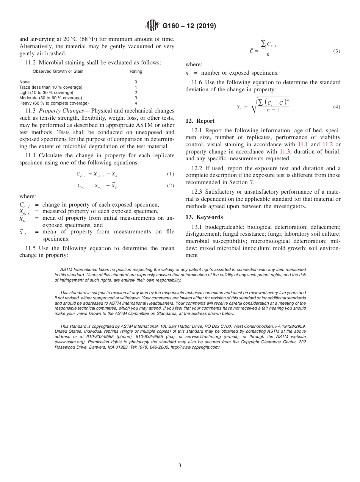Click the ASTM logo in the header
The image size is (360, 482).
[x=153, y=26]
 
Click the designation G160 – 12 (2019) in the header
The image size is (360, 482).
[x=189, y=26]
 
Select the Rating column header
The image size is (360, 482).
[x=136, y=71]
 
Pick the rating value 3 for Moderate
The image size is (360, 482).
[x=136, y=98]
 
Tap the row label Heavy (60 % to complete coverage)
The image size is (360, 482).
[x=54, y=103]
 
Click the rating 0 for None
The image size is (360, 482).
[x=136, y=82]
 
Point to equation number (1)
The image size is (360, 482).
[x=171, y=174]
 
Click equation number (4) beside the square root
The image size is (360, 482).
[x=337, y=107]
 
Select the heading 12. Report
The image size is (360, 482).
[x=200, y=121]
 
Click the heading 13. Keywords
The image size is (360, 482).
[x=204, y=217]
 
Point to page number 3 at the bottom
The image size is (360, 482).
[x=180, y=465]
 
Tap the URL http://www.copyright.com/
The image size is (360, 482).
[x=195, y=347]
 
